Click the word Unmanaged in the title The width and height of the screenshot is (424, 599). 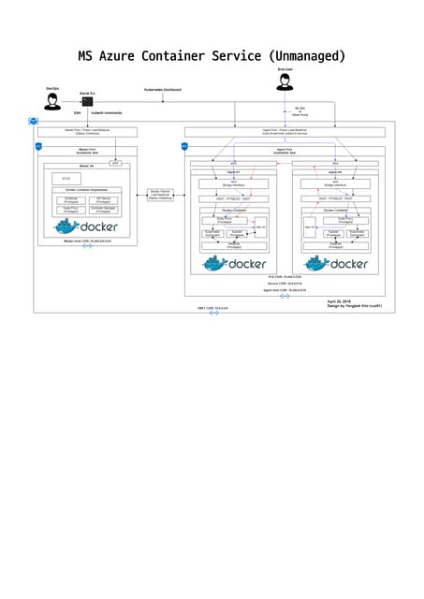305,56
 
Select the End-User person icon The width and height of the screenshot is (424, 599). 285,82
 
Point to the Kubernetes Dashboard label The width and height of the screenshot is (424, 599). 162,89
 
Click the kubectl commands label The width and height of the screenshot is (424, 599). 106,114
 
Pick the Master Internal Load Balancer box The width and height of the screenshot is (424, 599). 160,195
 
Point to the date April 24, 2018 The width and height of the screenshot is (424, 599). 339,301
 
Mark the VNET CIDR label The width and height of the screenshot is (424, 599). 212,307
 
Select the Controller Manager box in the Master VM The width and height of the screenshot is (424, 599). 103,211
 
